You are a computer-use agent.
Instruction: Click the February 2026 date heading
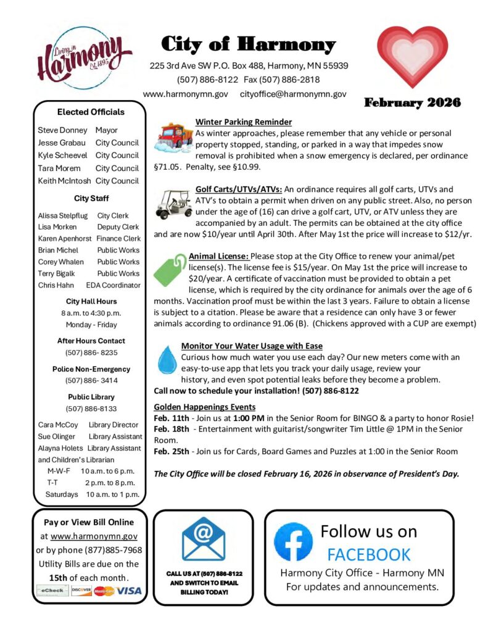click(412, 103)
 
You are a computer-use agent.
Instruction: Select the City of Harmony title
click(248, 44)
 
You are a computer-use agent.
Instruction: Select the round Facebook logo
click(293, 542)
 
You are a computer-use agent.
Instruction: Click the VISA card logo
click(130, 591)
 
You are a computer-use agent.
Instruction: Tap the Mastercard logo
click(104, 591)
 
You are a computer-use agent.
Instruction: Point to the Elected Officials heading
click(91, 112)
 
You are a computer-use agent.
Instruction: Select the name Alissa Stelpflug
click(63, 215)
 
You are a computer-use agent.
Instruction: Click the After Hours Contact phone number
click(91, 352)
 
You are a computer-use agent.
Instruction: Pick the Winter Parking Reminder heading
click(243, 122)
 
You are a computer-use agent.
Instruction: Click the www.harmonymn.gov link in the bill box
click(94, 537)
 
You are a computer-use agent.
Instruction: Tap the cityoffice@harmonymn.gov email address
click(293, 94)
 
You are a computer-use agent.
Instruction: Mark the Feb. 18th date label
click(170, 428)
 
